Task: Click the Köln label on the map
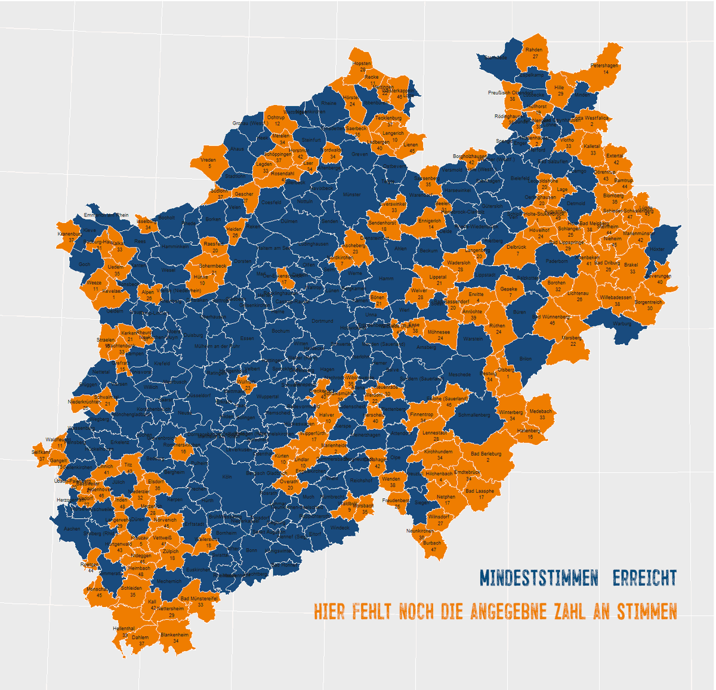[226, 477]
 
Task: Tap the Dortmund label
[322, 321]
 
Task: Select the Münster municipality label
[352, 194]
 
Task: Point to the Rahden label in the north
[534, 50]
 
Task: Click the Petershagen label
[604, 66]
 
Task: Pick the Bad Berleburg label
[486, 454]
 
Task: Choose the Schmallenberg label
[474, 415]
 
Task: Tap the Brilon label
[525, 359]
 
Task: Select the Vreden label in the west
[208, 160]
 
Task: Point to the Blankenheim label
[174, 635]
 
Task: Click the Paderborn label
[557, 261]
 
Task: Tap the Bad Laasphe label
[480, 491]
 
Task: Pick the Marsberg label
[572, 338]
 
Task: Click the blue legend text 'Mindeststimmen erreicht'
[578, 578]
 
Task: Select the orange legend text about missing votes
[495, 612]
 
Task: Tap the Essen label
[247, 339]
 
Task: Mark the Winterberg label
[511, 413]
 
